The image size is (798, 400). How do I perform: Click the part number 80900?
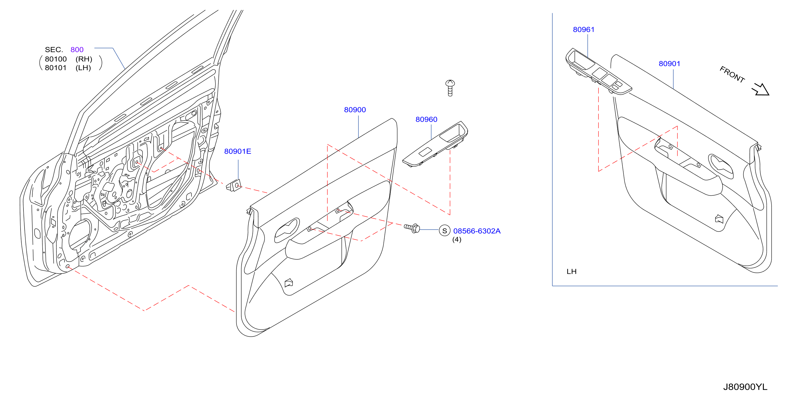[355, 110]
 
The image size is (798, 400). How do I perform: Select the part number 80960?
[426, 119]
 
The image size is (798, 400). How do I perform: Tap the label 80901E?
[238, 151]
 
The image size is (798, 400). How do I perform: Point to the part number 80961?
[584, 30]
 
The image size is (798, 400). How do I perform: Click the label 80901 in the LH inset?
[669, 64]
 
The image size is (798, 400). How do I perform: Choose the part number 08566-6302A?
[477, 231]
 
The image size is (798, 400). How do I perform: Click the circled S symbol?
[444, 231]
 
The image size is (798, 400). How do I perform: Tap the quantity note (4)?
[457, 239]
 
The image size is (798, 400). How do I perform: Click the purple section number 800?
[77, 50]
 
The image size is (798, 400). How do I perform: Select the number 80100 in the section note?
[56, 59]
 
